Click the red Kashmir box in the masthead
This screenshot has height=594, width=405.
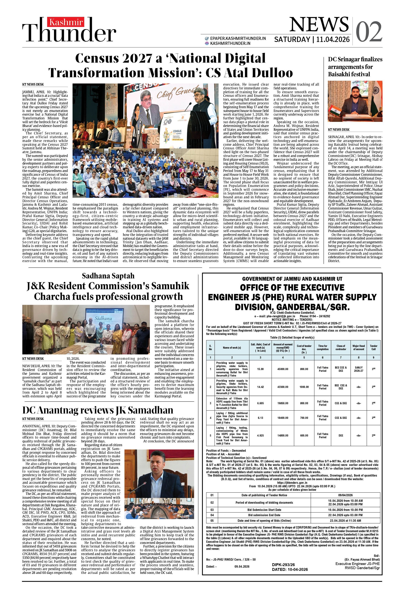pyautogui.click(x=66, y=22)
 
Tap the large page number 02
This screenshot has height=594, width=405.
pyautogui.click(x=369, y=32)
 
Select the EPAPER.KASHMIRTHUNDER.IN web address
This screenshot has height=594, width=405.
pyautogui.click(x=238, y=38)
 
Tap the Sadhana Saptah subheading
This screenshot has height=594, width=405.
pyautogui.click(x=108, y=276)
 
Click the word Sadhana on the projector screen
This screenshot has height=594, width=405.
pyautogui.click(x=103, y=318)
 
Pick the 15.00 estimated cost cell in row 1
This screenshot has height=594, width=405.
pyautogui.click(x=260, y=369)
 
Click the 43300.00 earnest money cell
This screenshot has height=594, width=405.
pyautogui.click(x=283, y=387)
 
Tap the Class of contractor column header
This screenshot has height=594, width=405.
pyautogui.click(x=341, y=348)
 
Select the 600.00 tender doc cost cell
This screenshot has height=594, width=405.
pyautogui.click(x=304, y=436)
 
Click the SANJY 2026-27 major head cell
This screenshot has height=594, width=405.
pyautogui.click(x=359, y=369)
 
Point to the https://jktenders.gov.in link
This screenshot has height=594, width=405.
pyautogui.click(x=292, y=483)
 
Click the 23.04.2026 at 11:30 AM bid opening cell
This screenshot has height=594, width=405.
pyautogui.click(x=345, y=521)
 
